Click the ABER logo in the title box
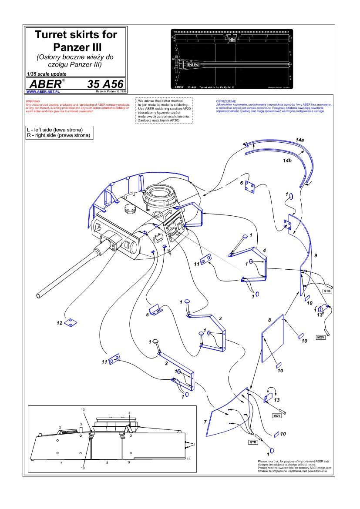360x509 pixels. (45, 84)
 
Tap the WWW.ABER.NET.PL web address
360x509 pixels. (43, 92)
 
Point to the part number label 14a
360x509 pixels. (299, 140)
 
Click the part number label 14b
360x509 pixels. (286, 161)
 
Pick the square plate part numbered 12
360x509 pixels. (70, 323)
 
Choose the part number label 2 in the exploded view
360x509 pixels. (166, 362)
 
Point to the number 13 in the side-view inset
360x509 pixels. (83, 410)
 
